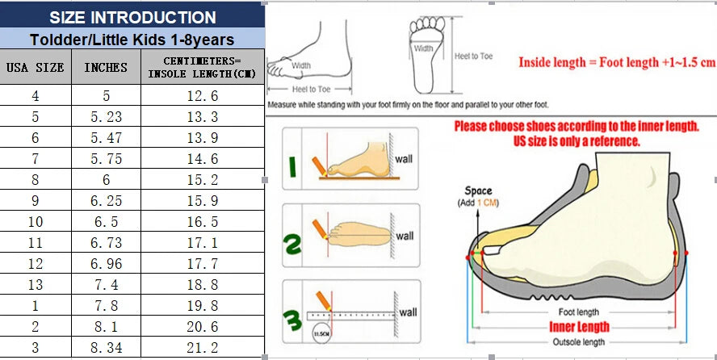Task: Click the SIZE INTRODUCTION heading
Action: [x=132, y=17]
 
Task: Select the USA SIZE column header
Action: [x=35, y=68]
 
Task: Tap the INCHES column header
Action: [x=105, y=68]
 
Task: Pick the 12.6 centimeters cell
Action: [x=202, y=96]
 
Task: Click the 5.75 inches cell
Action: [x=105, y=159]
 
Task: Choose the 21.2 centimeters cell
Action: [x=202, y=348]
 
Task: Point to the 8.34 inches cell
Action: [x=105, y=348]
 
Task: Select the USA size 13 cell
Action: [x=35, y=285]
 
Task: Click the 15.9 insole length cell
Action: [x=202, y=201]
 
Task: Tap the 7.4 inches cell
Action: [x=105, y=285]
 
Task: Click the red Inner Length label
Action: [x=579, y=327]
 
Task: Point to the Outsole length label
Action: [x=579, y=342]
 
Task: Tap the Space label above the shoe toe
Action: [x=478, y=191]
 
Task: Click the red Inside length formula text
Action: [x=616, y=62]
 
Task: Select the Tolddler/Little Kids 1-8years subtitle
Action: [x=132, y=39]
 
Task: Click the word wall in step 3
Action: [x=409, y=312]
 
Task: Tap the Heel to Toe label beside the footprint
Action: [x=473, y=56]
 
